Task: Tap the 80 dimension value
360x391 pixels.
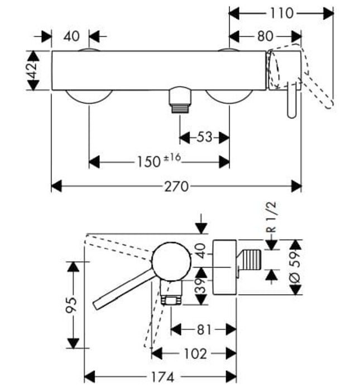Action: click(x=265, y=37)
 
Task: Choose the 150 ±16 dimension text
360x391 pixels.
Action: click(x=160, y=162)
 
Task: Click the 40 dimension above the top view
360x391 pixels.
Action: click(x=71, y=37)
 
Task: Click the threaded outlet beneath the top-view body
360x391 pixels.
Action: click(x=179, y=101)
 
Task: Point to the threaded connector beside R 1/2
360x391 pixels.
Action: click(x=252, y=261)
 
